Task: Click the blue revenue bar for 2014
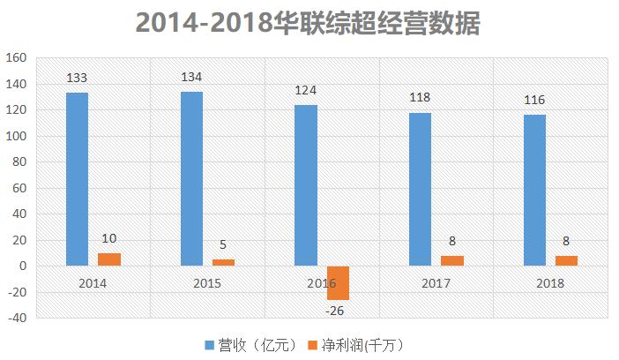point(77,179)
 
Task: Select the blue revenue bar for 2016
point(306,185)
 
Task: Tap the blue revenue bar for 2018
point(534,191)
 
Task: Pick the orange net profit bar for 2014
point(109,259)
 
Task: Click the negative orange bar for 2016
point(338,282)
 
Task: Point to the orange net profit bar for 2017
point(452,260)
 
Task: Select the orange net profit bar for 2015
point(224,262)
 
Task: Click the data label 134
point(191,77)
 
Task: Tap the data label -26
point(336,310)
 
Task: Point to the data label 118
point(420,97)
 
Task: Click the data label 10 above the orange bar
point(109,239)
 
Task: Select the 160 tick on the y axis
point(18,58)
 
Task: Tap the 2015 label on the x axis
point(207,283)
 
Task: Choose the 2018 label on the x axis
point(550,283)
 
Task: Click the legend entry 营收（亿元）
point(250,343)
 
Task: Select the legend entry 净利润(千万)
point(358,343)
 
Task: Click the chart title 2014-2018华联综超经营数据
point(309,23)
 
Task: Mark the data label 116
point(534,100)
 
